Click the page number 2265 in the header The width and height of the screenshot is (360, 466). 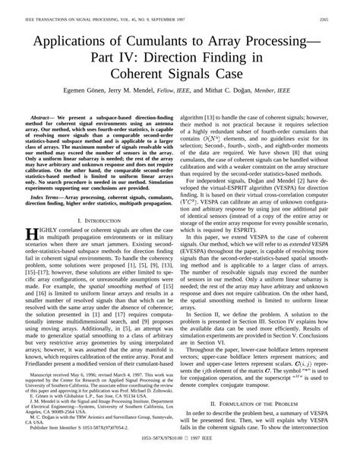(x=343, y=8)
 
